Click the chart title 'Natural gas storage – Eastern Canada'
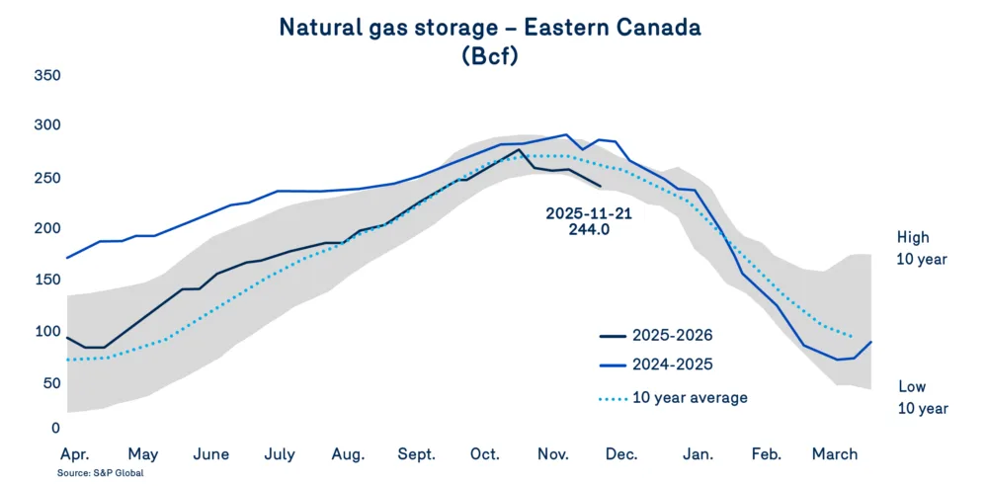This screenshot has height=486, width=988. [x=490, y=27]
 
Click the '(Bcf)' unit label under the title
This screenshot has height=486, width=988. [x=490, y=56]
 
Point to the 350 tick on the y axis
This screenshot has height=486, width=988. [x=46, y=75]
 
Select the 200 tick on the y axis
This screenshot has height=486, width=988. [x=46, y=228]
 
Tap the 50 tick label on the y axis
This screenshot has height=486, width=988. [x=50, y=381]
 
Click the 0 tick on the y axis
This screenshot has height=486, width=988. [x=55, y=428]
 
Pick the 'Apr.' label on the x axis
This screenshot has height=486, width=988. [x=77, y=454]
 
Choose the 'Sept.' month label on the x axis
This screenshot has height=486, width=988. [x=417, y=454]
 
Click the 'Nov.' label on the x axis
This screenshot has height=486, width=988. [x=553, y=454]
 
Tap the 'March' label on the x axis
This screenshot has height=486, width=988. [x=835, y=454]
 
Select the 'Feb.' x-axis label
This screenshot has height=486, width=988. [x=767, y=454]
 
